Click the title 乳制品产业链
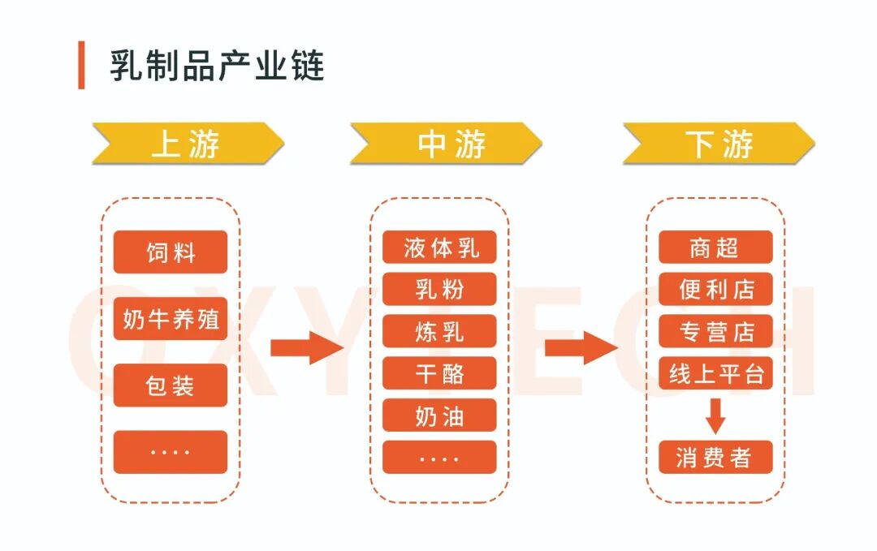(x=217, y=65)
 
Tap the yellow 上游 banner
(x=188, y=144)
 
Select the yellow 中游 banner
(x=446, y=144)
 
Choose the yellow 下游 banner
(x=719, y=144)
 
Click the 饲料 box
(x=171, y=252)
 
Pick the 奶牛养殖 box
(x=171, y=318)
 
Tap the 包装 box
(x=171, y=385)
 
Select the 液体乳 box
(x=439, y=247)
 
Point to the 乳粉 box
(x=439, y=289)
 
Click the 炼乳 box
(x=439, y=331)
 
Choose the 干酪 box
(x=439, y=373)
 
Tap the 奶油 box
(x=439, y=415)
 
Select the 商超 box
(x=715, y=247)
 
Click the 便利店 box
(x=715, y=289)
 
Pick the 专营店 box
(x=715, y=331)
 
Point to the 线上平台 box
(x=715, y=373)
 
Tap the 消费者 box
(x=715, y=458)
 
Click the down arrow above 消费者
(x=715, y=415)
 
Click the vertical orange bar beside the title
(x=81, y=65)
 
